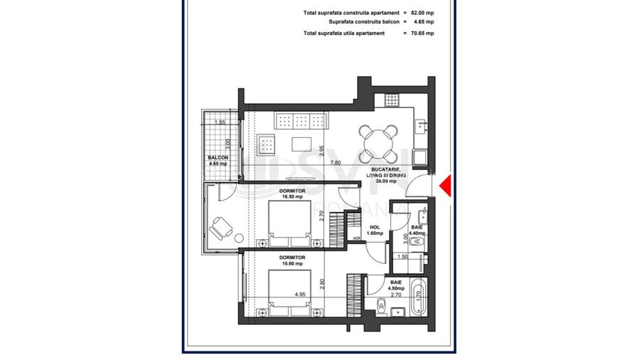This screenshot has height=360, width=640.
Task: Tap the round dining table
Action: tap(378, 142)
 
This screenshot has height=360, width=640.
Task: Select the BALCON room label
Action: tap(218, 160)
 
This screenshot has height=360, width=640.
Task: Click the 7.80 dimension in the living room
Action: tap(334, 162)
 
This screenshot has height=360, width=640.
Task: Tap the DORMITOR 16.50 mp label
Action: tap(292, 194)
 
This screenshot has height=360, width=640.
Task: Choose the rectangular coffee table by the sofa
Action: tap(302, 144)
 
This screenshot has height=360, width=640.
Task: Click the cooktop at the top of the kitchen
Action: tap(390, 99)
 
